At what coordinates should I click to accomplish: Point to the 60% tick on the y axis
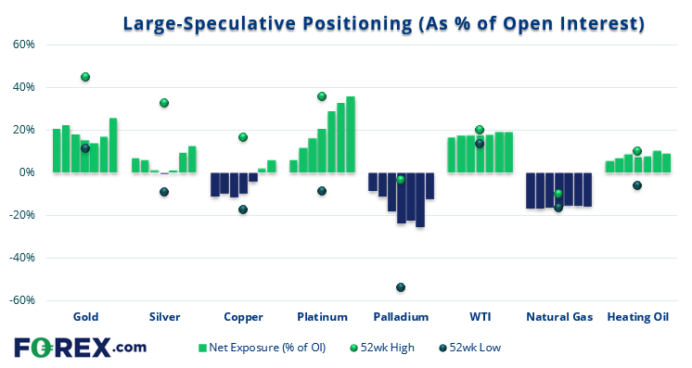click(23, 44)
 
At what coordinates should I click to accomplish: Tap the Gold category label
click(85, 317)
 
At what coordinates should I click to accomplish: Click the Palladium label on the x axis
click(401, 317)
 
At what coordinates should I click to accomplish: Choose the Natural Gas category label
click(558, 317)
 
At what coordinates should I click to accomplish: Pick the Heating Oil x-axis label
click(637, 317)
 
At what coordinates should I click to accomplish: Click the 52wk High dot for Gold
click(85, 77)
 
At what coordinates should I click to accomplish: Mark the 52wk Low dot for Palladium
click(401, 287)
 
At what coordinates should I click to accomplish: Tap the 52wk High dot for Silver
click(164, 103)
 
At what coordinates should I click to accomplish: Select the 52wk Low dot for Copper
click(243, 209)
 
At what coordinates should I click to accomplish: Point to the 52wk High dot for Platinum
click(322, 96)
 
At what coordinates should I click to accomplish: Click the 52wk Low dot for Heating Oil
click(637, 185)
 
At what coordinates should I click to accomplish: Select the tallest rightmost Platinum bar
click(351, 134)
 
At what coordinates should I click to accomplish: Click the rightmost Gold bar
click(113, 146)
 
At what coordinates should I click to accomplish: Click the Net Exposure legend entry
click(263, 348)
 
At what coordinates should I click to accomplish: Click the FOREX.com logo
click(80, 347)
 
